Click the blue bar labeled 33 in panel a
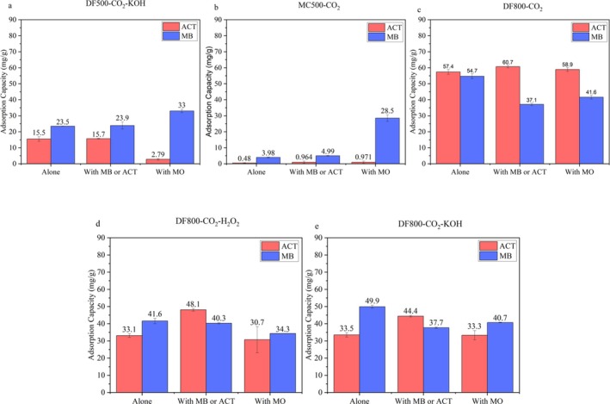pos(157,138)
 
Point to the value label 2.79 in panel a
pos(132,153)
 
